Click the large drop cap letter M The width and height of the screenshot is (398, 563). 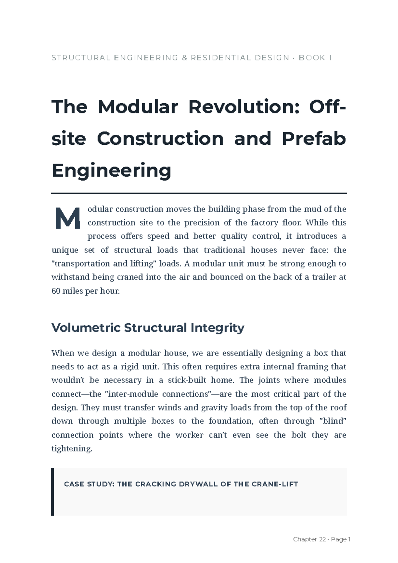click(x=68, y=218)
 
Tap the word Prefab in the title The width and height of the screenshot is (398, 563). click(x=313, y=138)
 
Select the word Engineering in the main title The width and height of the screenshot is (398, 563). click(x=111, y=170)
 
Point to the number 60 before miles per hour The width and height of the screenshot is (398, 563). click(x=56, y=291)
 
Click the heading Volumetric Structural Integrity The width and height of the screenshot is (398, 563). click(x=148, y=328)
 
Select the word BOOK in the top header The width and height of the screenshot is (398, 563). click(x=312, y=58)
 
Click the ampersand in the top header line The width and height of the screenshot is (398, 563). click(x=184, y=58)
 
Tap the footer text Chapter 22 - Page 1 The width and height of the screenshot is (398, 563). click(x=321, y=539)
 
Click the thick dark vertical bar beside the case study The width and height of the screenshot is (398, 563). click(x=52, y=492)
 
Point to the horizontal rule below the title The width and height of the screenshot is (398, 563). click(x=199, y=193)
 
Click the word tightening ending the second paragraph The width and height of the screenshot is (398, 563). click(x=72, y=449)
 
